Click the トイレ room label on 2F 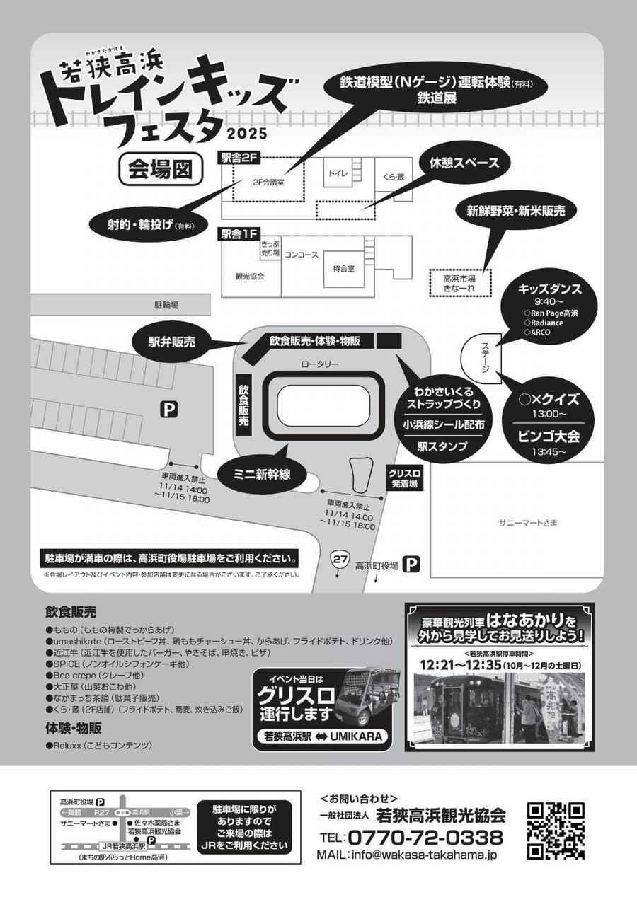pyautogui.click(x=337, y=173)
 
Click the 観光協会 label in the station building pyautogui.click(x=249, y=277)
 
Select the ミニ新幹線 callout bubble pyautogui.click(x=262, y=474)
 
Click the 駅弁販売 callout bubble pyautogui.click(x=173, y=342)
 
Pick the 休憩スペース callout pyautogui.click(x=464, y=163)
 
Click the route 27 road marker pyautogui.click(x=340, y=560)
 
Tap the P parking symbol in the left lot pyautogui.click(x=168, y=408)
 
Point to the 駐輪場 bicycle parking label pyautogui.click(x=166, y=305)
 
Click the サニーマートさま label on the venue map pyautogui.click(x=528, y=523)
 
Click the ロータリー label pyautogui.click(x=320, y=364)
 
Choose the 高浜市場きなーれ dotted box pyautogui.click(x=459, y=284)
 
